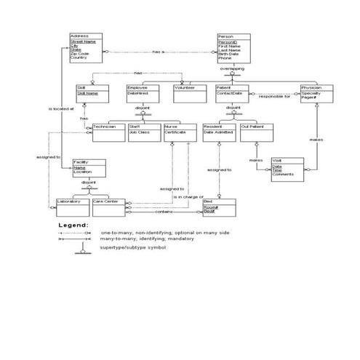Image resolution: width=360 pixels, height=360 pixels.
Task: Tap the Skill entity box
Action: pos(92,92)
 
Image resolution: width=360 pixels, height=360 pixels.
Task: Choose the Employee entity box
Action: pos(143,92)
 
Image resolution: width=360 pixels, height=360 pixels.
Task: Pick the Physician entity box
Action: pos(316,92)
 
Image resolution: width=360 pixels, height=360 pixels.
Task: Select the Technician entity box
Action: pos(107,132)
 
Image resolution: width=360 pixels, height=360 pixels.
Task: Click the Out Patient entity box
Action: pos(255,132)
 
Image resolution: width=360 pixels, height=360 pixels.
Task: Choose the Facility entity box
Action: pos(88,167)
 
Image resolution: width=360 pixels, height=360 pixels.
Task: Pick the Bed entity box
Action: pos(217,207)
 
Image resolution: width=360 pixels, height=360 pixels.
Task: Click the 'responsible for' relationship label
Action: pos(274,96)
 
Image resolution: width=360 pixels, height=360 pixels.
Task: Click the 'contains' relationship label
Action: pos(164,212)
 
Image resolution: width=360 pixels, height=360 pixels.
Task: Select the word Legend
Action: pos(73,225)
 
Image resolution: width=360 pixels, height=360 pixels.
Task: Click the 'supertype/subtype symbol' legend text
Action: pos(133,247)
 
